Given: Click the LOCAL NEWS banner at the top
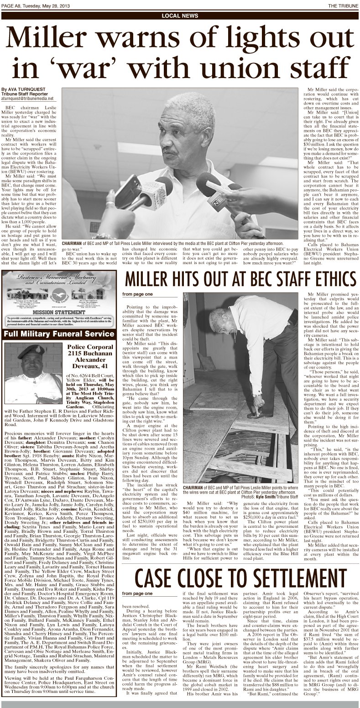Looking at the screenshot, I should pos(180,16).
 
